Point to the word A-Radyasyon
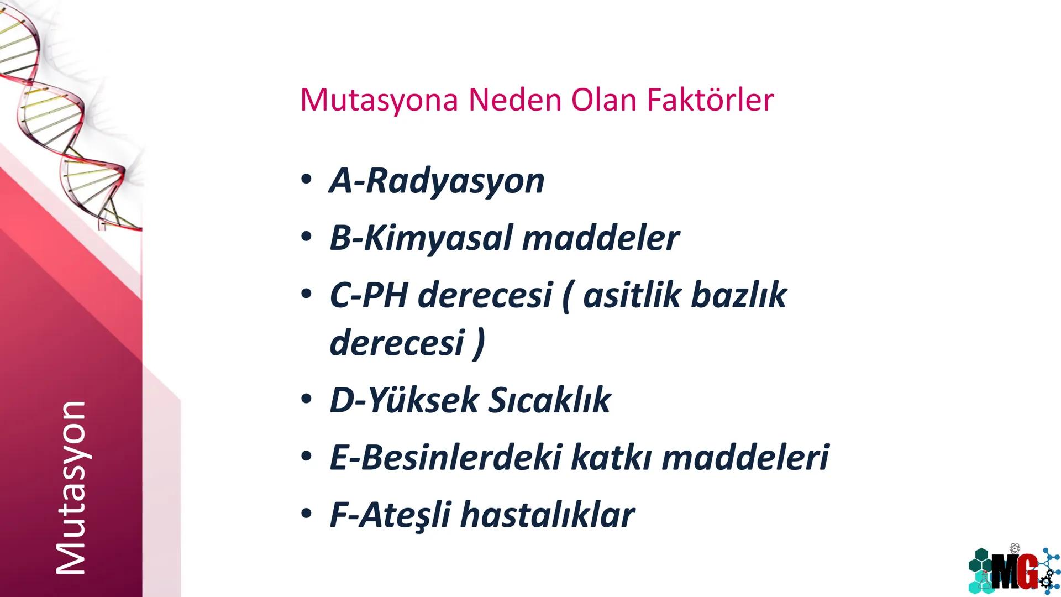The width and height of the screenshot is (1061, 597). click(437, 181)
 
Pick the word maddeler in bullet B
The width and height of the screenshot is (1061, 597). click(601, 238)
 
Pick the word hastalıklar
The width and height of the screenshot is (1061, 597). click(547, 515)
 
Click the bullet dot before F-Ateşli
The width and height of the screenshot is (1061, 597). click(306, 514)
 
